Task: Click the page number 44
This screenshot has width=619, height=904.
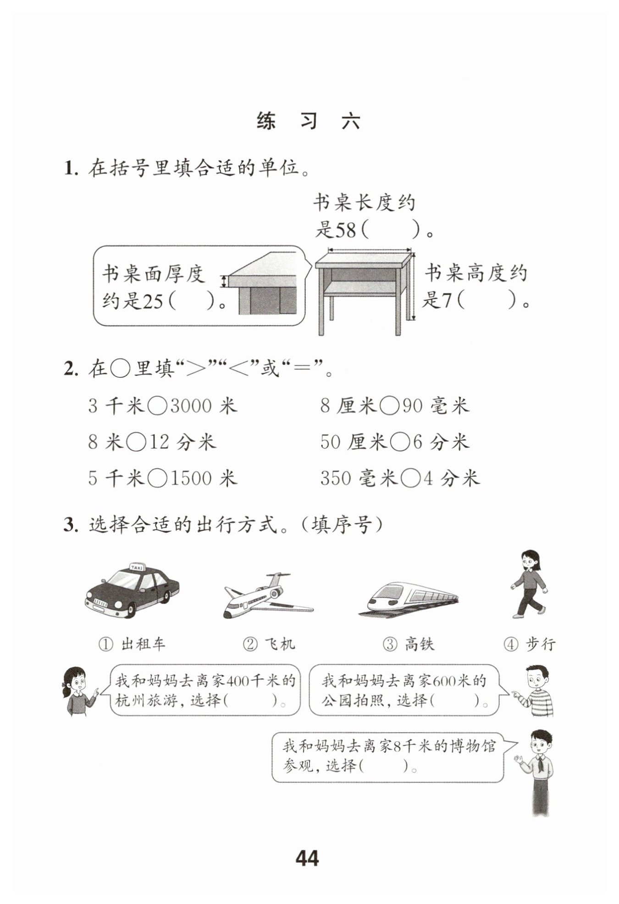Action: coord(307,858)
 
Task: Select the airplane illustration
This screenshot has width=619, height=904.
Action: coord(269,595)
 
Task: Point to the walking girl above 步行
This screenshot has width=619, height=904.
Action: coord(529,584)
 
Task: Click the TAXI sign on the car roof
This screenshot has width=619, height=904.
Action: coord(137,567)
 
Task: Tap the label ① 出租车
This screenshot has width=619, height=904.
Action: coord(132,644)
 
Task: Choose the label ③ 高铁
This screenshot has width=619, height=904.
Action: coord(408,644)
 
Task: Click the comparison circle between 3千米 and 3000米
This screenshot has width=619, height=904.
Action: coord(158,406)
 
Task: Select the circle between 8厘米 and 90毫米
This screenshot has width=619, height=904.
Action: coord(390,406)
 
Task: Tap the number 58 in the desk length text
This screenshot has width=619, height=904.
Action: coord(346,230)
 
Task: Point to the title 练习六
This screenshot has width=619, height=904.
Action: coord(308,121)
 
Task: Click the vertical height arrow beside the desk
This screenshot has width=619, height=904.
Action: coord(413,286)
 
